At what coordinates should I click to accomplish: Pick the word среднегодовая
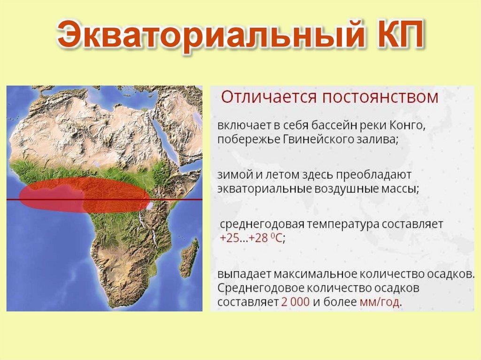pyautogui.click(x=262, y=224)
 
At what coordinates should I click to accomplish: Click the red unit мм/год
pyautogui.click(x=380, y=303)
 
